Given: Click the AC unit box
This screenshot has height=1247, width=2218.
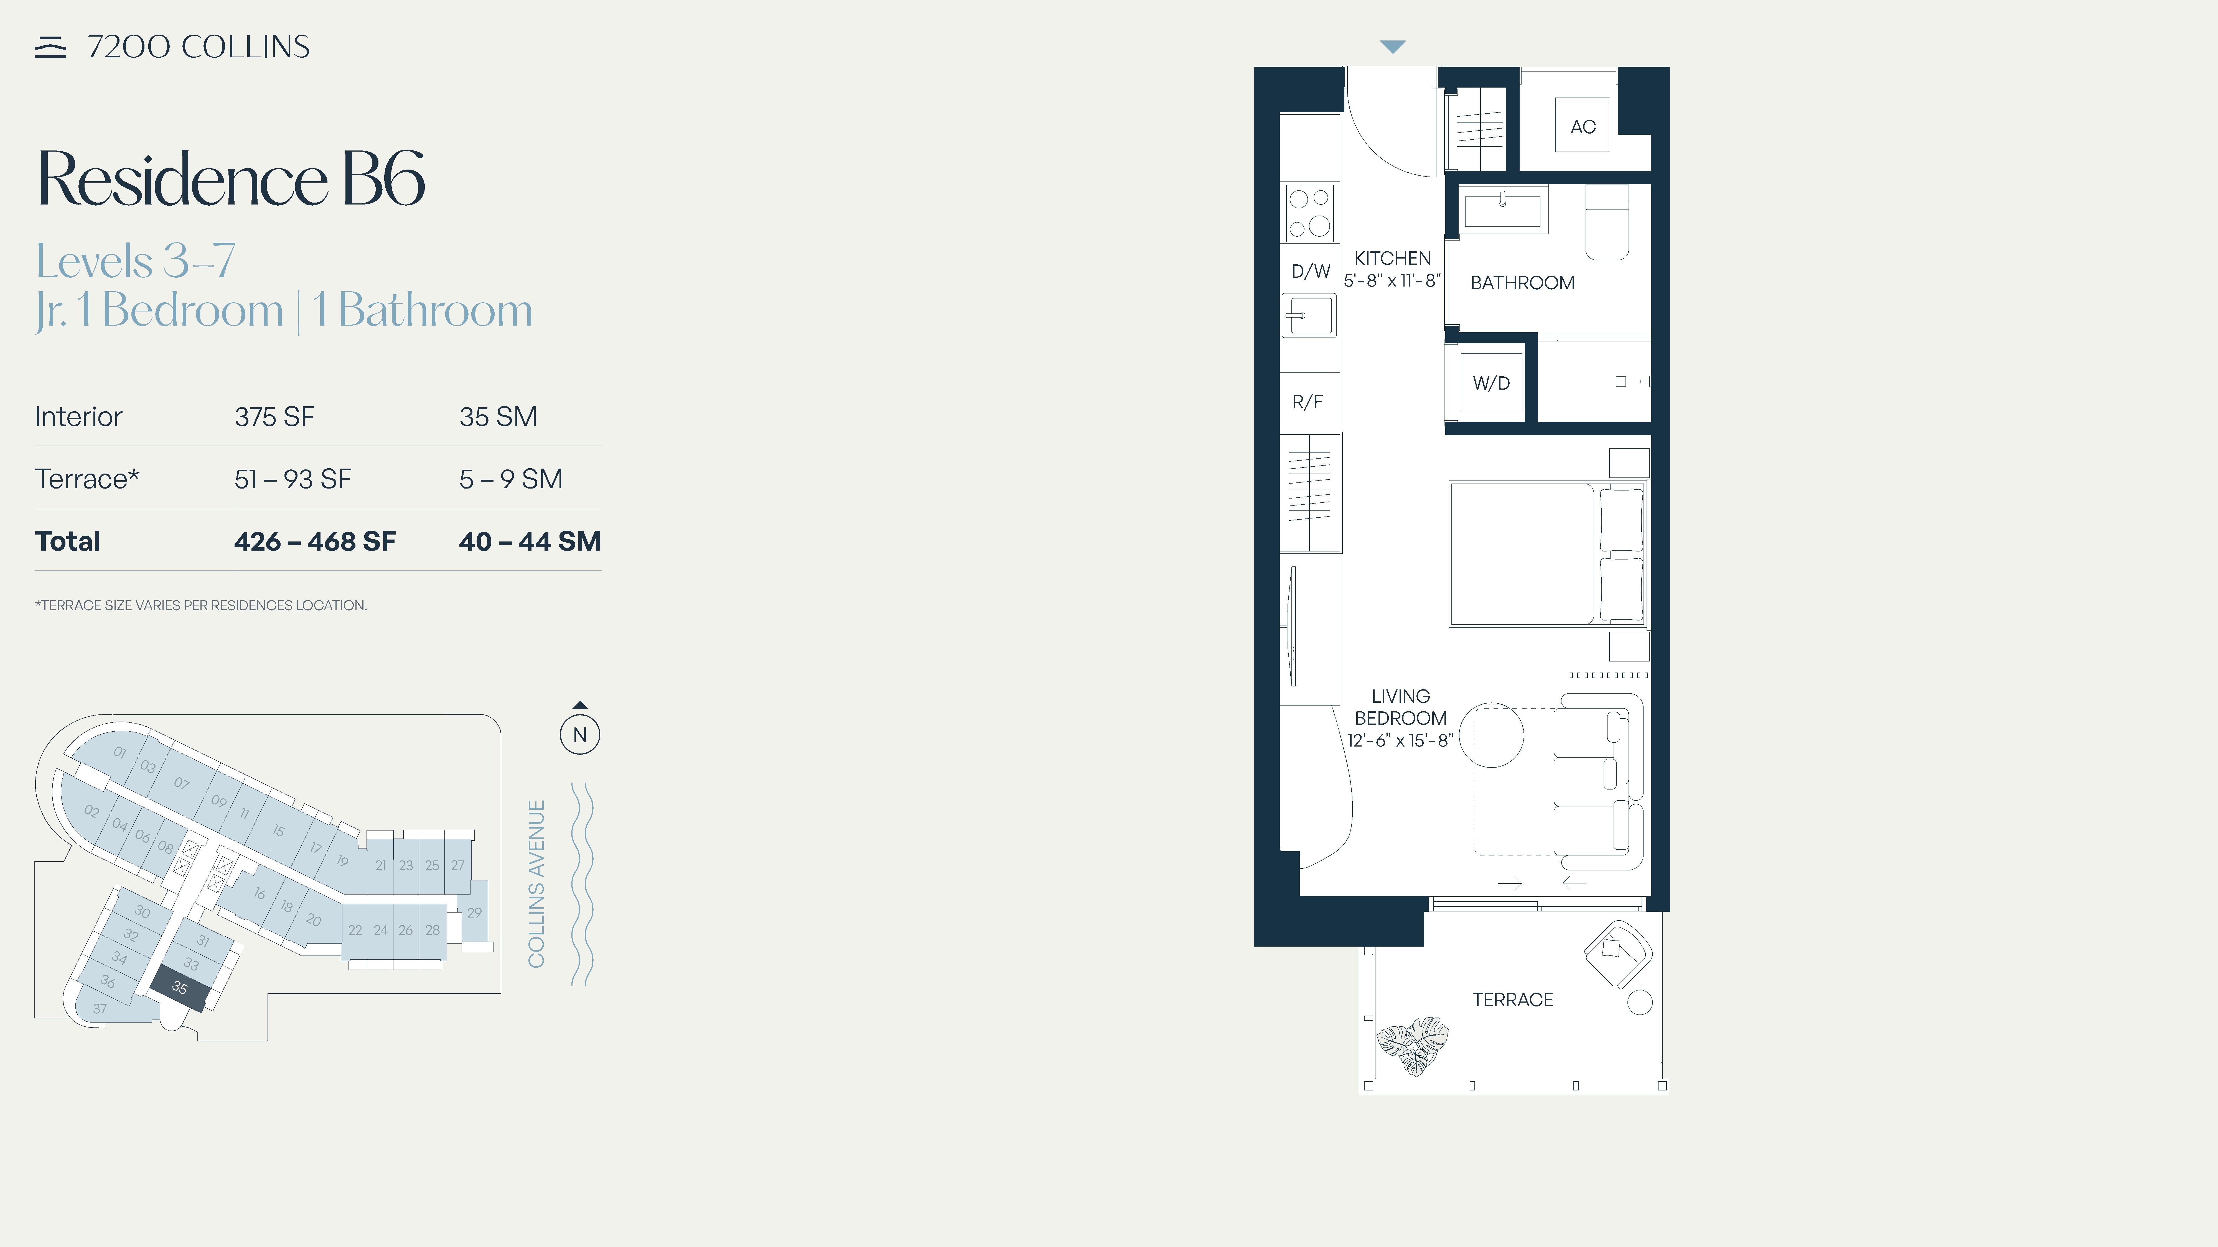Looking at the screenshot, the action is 1583,126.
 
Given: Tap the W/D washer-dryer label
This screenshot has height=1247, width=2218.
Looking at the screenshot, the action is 1491,383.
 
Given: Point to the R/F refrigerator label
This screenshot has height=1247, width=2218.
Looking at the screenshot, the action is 1307,402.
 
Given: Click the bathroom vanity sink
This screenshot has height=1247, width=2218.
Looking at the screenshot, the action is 1502,209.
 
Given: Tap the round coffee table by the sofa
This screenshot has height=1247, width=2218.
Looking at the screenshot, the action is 1491,735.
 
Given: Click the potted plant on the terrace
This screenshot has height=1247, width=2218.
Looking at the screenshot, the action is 1413,1046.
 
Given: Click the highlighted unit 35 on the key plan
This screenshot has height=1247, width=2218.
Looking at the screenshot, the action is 180,988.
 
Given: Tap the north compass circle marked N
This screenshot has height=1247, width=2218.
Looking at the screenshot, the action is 579,735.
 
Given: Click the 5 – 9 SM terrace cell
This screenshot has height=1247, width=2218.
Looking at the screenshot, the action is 511,479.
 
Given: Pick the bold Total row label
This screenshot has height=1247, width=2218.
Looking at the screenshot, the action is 67,541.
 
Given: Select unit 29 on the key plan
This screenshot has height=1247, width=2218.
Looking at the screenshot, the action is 474,912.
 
